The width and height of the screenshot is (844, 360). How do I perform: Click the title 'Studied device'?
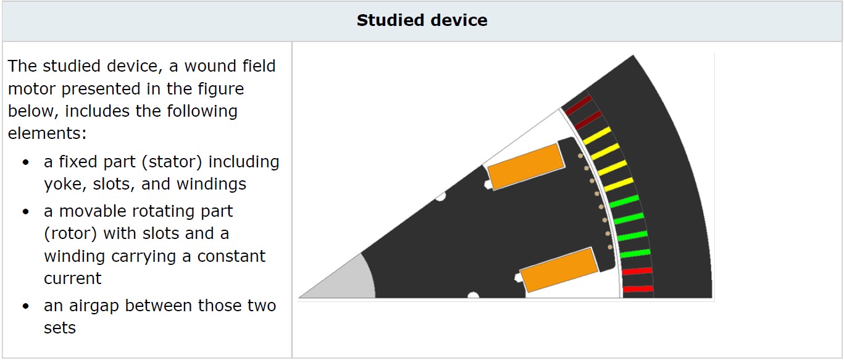pyautogui.click(x=422, y=20)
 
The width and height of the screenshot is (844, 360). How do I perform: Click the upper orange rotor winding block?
pyautogui.click(x=526, y=166)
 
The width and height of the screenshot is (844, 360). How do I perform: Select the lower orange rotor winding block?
pyautogui.click(x=559, y=270)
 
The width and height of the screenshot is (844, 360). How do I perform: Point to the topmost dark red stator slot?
pyautogui.click(x=579, y=105)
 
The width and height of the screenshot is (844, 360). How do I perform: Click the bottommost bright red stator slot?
pyautogui.click(x=638, y=289)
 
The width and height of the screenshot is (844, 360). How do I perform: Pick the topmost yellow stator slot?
pyautogui.click(x=597, y=136)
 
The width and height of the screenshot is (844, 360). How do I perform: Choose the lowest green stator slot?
pyautogui.click(x=635, y=253)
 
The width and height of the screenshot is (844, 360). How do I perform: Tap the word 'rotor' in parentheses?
pyautogui.click(x=70, y=233)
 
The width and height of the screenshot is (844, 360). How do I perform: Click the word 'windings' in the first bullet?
pyautogui.click(x=211, y=185)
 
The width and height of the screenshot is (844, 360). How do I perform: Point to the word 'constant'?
pyautogui.click(x=232, y=256)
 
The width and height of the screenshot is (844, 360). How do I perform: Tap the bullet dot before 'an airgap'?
pyautogui.click(x=25, y=306)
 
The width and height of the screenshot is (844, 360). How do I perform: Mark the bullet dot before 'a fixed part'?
pyautogui.click(x=25, y=162)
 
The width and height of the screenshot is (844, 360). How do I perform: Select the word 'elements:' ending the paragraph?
pyautogui.click(x=47, y=133)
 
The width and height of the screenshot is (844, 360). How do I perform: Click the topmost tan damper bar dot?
pyautogui.click(x=580, y=156)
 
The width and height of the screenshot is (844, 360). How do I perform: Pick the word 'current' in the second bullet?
pyautogui.click(x=73, y=278)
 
